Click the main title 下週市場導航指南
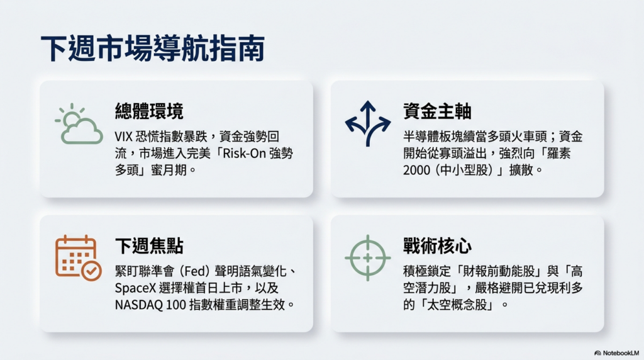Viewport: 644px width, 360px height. tap(152, 48)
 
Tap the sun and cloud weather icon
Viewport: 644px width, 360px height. tap(79, 124)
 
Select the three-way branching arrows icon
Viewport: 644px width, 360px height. tap(367, 123)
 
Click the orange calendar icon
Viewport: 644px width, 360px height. tap(78, 257)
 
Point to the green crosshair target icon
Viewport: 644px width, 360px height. tap(367, 257)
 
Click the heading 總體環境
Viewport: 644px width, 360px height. tap(149, 111)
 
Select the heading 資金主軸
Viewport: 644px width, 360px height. tap(437, 111)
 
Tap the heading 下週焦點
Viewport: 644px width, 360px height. tap(149, 245)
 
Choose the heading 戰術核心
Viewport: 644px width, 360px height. tap(437, 245)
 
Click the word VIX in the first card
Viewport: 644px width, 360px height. tap(123, 137)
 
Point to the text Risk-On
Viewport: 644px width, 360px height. tap(244, 154)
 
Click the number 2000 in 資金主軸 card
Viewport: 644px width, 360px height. tap(416, 170)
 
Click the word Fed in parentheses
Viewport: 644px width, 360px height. tap(194, 271)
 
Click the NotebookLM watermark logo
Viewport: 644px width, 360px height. tap(616, 353)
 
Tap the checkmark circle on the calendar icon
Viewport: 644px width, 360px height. tap(91, 271)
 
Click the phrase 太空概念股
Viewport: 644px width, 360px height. tap(457, 305)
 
